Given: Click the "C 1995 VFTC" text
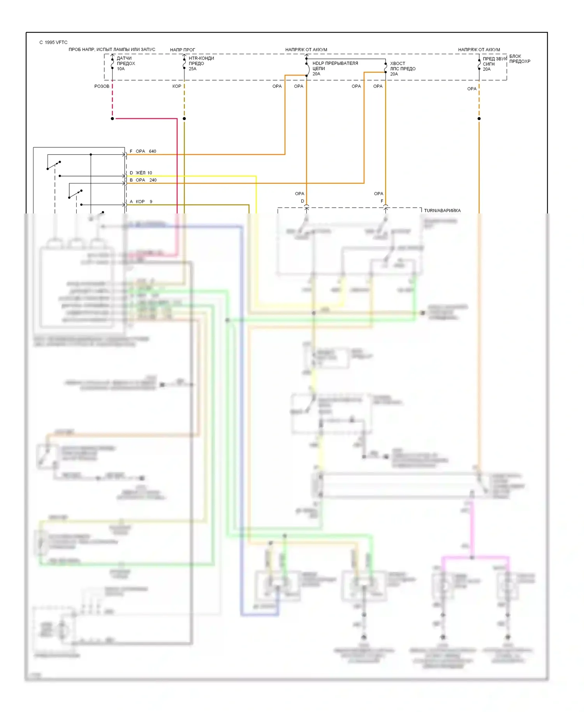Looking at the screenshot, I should tap(53, 42).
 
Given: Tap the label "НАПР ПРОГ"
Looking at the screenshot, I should tap(182, 50).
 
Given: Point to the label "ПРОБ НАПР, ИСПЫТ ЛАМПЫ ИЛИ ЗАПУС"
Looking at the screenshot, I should tap(112, 49).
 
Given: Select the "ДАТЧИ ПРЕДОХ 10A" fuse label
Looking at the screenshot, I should tap(126, 63).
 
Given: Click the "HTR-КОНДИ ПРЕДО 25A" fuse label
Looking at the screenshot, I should tap(201, 63).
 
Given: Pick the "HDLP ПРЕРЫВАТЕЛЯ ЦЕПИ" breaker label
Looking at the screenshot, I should tap(335, 66).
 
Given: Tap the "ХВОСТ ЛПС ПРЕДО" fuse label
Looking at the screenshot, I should tap(403, 66).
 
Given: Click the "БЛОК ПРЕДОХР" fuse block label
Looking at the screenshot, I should tap(519, 59).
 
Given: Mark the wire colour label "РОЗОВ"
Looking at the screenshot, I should tap(102, 86).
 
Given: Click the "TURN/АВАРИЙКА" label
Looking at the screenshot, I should tap(442, 211).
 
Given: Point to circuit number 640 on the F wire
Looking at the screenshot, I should tap(152, 151).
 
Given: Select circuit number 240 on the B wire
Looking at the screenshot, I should tap(153, 180).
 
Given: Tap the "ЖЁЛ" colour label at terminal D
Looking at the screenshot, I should tap(140, 173).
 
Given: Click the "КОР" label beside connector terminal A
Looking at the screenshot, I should tap(140, 201).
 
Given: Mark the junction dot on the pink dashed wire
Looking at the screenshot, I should tap(113, 118).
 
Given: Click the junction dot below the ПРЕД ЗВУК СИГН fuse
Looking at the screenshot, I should tap(479, 118).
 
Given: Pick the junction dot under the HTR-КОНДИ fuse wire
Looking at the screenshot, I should tap(184, 118).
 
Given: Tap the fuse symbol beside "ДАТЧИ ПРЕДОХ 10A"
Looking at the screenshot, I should tap(113, 63).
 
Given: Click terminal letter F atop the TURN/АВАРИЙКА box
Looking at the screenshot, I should tap(382, 201).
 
